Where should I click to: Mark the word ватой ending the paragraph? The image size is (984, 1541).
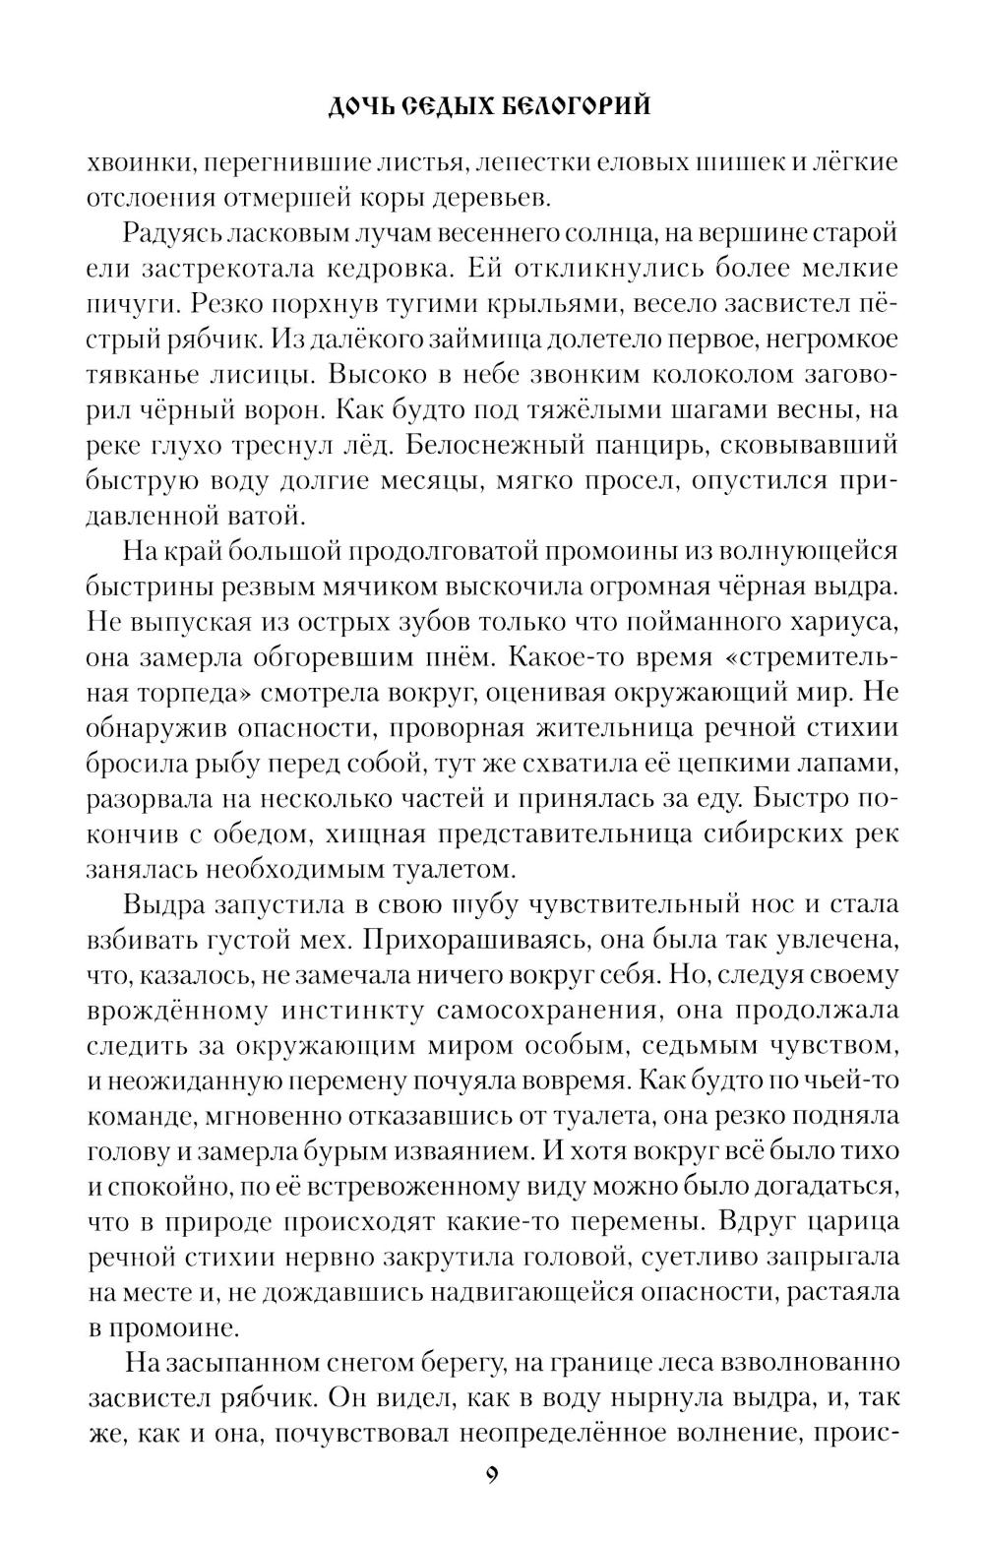257,516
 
